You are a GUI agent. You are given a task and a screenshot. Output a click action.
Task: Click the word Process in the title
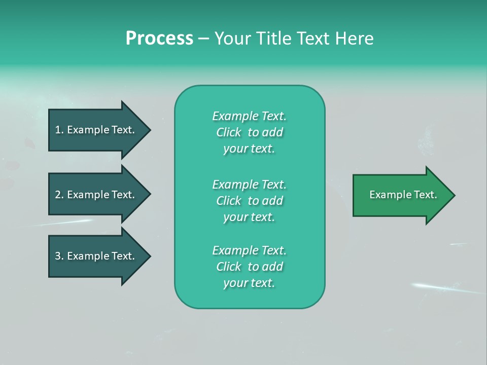pyautogui.click(x=159, y=39)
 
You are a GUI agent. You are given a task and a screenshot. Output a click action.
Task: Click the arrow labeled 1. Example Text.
pyautogui.click(x=96, y=130)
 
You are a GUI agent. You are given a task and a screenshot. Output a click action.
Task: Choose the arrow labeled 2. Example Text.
pyautogui.click(x=96, y=195)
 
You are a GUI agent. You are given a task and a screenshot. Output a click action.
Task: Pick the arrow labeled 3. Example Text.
pyautogui.click(x=96, y=256)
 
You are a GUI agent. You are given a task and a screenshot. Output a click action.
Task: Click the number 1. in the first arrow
pyautogui.click(x=59, y=130)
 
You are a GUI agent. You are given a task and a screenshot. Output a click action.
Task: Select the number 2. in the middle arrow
pyautogui.click(x=59, y=195)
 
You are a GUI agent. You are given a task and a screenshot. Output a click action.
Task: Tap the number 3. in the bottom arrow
pyautogui.click(x=59, y=256)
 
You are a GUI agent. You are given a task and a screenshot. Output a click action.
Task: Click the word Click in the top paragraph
pyautogui.click(x=229, y=132)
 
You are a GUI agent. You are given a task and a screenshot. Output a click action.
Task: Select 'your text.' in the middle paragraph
pyautogui.click(x=249, y=217)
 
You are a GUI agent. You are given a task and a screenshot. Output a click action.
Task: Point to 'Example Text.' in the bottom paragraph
pyautogui.click(x=249, y=250)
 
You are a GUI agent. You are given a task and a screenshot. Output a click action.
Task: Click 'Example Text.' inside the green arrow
pyautogui.click(x=403, y=195)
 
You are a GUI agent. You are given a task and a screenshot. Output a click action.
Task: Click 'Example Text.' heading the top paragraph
pyautogui.click(x=249, y=116)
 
